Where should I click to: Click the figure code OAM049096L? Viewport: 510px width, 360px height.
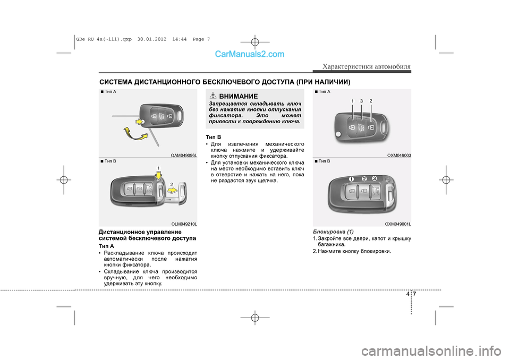tap(184, 155)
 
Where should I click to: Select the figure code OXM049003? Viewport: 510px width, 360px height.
tap(399, 155)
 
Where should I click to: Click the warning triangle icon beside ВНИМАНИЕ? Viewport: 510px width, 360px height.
tap(214, 96)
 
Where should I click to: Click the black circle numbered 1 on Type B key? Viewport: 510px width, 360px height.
tap(352, 178)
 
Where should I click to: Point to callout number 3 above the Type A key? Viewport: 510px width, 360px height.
tap(361, 101)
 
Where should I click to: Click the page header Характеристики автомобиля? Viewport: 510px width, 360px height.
tap(367, 66)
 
